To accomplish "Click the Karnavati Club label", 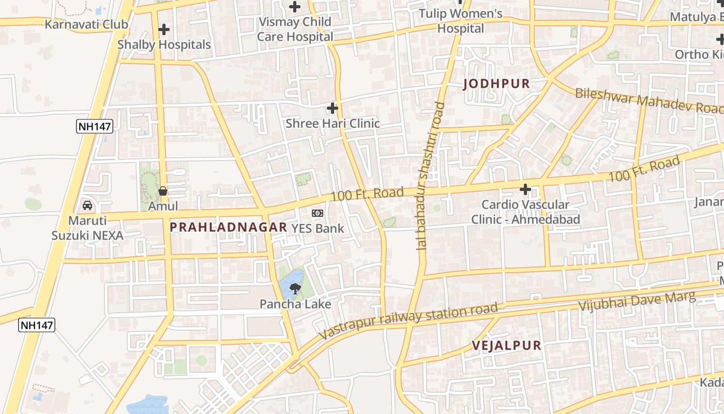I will click(x=86, y=24).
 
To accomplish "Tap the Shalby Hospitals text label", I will click(x=164, y=45).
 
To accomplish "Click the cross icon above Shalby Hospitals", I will click(x=164, y=29).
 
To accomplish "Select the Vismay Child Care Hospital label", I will click(x=295, y=29).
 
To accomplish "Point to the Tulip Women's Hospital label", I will click(x=460, y=21).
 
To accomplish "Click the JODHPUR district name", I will click(x=496, y=84).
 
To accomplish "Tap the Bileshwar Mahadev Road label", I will click(x=649, y=100).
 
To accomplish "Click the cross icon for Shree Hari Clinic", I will click(x=333, y=108).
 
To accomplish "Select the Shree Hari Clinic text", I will click(x=333, y=123).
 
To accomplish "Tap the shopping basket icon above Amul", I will click(x=163, y=191).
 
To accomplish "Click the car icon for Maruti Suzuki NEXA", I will click(x=87, y=205).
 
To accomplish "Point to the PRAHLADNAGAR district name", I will click(x=228, y=227).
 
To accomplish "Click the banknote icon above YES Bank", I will click(x=318, y=213).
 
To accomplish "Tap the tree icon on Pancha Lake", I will click(x=295, y=289).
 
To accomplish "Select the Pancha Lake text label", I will click(x=295, y=304).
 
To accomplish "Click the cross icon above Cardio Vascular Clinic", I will click(x=525, y=189).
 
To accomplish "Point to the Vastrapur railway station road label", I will click(x=409, y=321).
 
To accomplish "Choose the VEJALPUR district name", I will click(x=506, y=346).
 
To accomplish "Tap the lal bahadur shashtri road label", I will click(x=430, y=176).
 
